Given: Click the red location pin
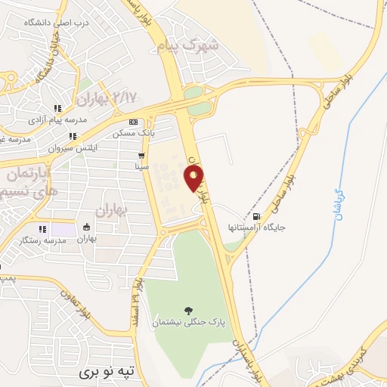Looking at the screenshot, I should pos(194,179).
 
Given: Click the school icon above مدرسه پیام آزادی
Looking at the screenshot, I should pos(58,109).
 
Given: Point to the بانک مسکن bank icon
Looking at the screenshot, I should pos(134,122).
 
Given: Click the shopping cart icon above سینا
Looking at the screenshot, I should pos(141,155).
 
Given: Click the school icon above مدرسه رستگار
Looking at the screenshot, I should pos(42,228).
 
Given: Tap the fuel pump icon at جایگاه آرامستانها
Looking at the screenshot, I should pos(258,217).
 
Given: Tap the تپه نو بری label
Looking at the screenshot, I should pos(111,373).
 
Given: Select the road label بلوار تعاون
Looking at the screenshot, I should pos(76,302).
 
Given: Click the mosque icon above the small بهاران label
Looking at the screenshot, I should pos(87,228).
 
